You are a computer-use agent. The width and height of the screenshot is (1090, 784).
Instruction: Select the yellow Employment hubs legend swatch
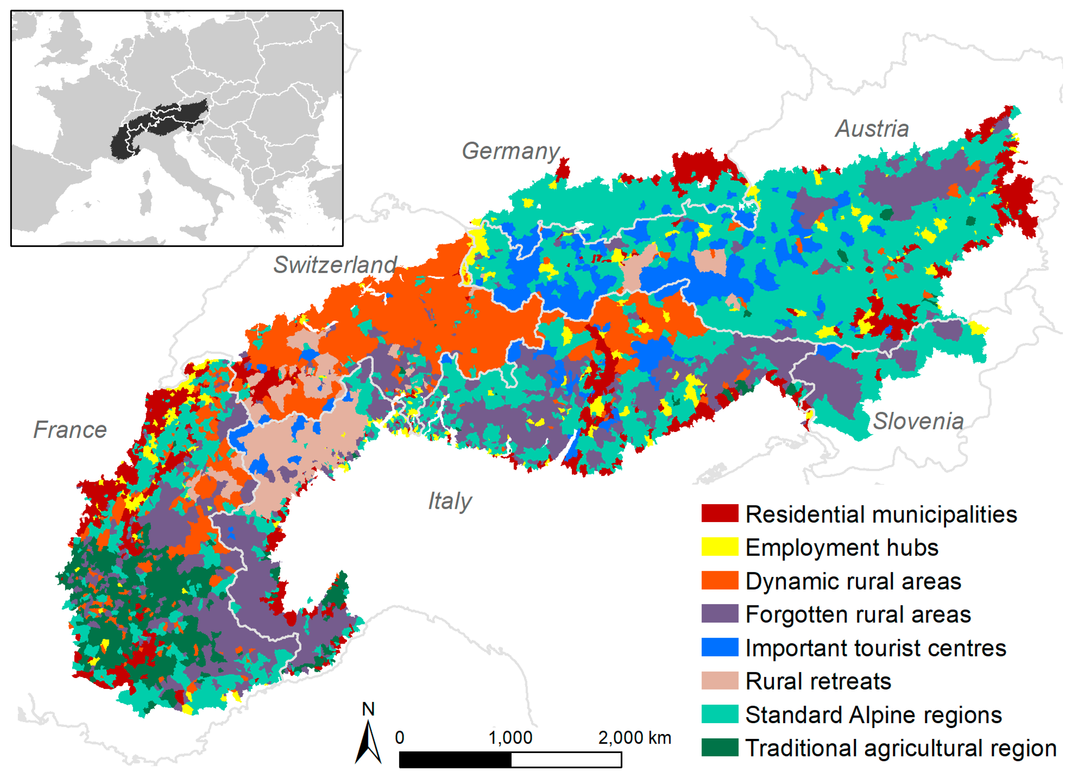[x=719, y=547]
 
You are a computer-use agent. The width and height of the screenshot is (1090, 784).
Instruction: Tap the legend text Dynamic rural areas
[x=853, y=581]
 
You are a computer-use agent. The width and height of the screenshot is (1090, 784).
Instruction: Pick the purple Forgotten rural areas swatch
[x=719, y=614]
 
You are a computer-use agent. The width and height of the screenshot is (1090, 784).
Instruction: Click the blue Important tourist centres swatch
[x=719, y=647]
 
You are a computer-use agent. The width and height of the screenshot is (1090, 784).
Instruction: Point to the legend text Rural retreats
[x=818, y=681]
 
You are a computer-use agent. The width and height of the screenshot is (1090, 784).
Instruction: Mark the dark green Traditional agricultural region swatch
[x=719, y=747]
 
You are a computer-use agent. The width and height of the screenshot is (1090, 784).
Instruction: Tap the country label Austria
[x=872, y=129]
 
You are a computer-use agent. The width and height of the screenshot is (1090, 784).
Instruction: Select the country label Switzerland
[x=335, y=265]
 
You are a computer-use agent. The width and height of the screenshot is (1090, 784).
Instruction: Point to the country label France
[x=70, y=429]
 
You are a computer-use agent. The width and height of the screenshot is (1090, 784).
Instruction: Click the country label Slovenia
[x=918, y=421]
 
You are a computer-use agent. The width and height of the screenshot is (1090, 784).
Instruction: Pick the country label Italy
[x=450, y=501]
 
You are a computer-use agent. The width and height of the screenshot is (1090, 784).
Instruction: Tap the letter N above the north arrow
[x=368, y=709]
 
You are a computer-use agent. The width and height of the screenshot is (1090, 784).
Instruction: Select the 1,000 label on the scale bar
[x=510, y=737]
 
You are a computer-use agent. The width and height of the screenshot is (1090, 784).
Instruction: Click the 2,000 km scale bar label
[x=634, y=737]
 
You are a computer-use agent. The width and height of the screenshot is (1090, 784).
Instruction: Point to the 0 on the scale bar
[x=399, y=737]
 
